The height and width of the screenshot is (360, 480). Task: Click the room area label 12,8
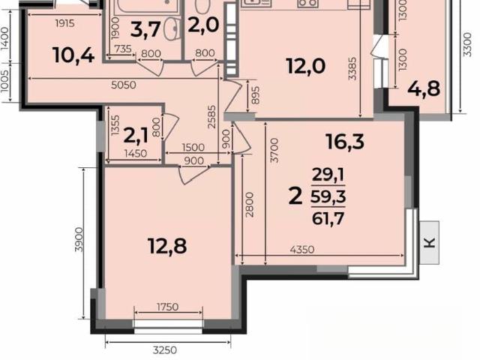[x=167, y=246]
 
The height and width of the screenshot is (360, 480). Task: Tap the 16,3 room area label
[x=345, y=142]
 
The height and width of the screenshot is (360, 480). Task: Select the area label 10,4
[x=73, y=55]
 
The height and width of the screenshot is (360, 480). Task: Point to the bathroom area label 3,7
[x=145, y=30]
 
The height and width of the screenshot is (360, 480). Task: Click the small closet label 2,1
[x=136, y=136]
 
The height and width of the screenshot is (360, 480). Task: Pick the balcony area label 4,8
[x=424, y=88]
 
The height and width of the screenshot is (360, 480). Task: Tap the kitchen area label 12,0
[x=306, y=66]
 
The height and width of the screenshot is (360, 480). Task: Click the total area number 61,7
[x=328, y=218]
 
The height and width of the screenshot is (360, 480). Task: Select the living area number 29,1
[x=328, y=175]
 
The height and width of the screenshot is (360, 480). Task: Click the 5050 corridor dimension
[x=123, y=85]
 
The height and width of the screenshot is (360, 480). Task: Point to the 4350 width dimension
[x=302, y=250]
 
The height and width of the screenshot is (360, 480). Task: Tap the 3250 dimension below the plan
[x=165, y=350]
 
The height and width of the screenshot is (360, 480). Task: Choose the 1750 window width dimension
[x=168, y=307]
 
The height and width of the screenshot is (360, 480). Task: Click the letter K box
[x=430, y=243]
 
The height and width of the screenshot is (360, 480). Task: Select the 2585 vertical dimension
[x=211, y=117]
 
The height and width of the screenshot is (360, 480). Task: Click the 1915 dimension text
[x=65, y=23]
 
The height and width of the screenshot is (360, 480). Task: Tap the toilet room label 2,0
[x=203, y=25]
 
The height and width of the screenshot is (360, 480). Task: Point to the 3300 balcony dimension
[x=466, y=44]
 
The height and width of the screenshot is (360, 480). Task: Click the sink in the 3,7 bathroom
[x=172, y=28]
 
